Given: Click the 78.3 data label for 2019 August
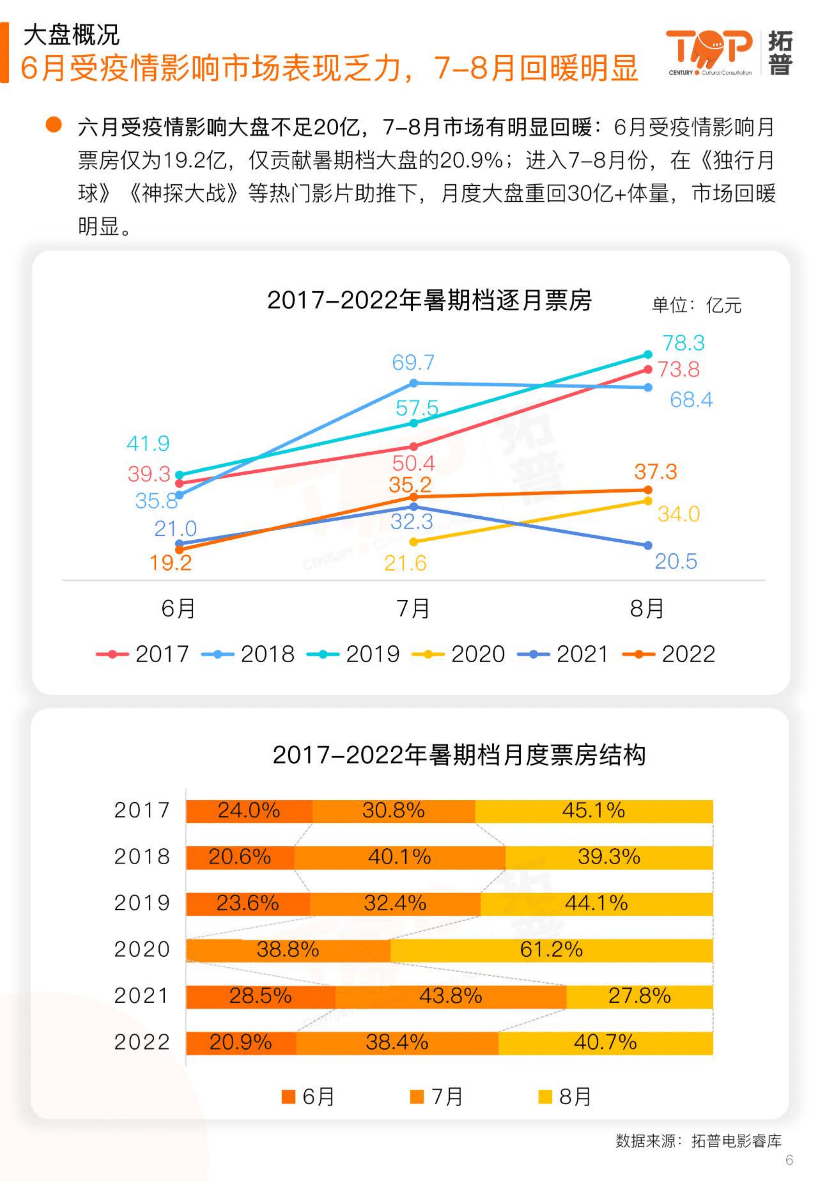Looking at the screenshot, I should [x=683, y=343].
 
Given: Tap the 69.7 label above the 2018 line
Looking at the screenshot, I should [x=413, y=362].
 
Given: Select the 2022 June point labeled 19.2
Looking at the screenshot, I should [x=179, y=549].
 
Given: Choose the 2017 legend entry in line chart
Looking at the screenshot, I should [x=143, y=654].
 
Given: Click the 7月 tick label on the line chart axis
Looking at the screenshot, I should [x=413, y=609].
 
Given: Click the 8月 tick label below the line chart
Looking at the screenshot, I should [x=647, y=609].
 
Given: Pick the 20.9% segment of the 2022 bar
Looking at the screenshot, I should [x=241, y=1042].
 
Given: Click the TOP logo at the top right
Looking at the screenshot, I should [x=709, y=51].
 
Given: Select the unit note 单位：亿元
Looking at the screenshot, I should [x=696, y=305].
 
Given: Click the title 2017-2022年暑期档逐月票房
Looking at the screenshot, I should [x=430, y=300].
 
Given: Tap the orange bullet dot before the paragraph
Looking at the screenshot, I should [x=54, y=125].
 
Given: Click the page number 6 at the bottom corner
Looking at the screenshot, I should [x=789, y=1160].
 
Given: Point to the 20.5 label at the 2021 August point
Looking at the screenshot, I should [x=675, y=561].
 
